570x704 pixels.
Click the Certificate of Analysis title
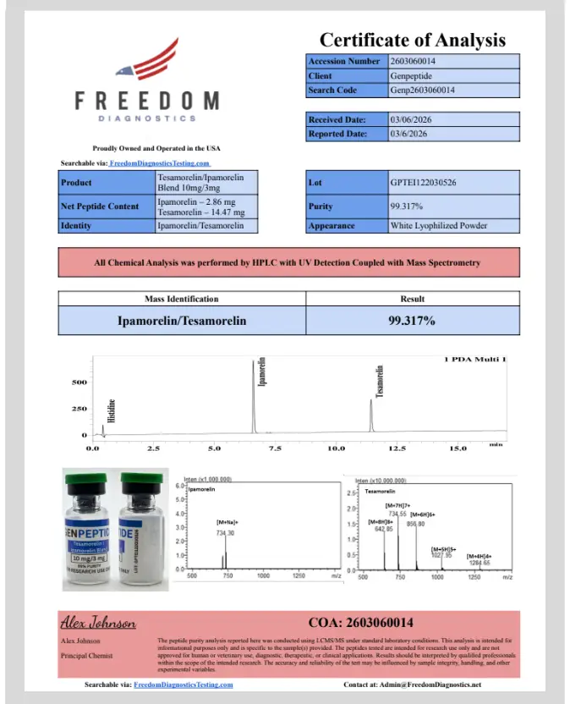pyautogui.click(x=412, y=40)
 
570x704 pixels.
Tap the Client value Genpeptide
pyautogui.click(x=410, y=75)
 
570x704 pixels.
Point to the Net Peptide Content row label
pyautogui.click(x=100, y=206)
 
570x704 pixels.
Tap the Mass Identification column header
pyautogui.click(x=181, y=299)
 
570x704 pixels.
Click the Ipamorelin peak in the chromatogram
pyautogui.click(x=253, y=398)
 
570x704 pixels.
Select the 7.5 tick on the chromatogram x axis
pyautogui.click(x=275, y=448)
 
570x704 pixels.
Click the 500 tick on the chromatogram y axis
pyautogui.click(x=79, y=382)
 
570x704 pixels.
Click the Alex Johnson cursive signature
pyautogui.click(x=98, y=624)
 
